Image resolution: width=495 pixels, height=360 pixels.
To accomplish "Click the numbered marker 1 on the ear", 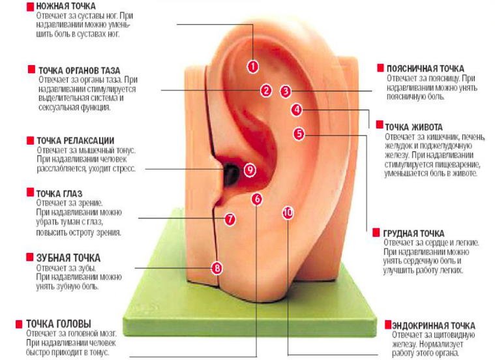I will tap(253, 66).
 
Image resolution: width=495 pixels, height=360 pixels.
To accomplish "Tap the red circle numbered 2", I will tap(266, 91).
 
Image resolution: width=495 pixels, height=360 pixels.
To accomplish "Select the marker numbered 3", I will tap(286, 91).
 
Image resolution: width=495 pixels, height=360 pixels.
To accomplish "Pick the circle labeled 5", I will tap(299, 134).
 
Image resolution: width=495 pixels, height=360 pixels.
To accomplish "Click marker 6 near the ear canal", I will tap(257, 198).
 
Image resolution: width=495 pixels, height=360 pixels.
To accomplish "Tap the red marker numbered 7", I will tap(230, 219).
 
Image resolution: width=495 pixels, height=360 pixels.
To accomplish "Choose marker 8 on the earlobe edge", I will tap(218, 267).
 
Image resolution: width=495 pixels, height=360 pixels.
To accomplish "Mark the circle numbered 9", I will tap(249, 169).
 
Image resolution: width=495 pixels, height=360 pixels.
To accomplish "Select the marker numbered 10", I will tap(288, 212).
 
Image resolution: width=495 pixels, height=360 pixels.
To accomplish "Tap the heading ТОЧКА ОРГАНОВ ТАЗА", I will tap(79, 70).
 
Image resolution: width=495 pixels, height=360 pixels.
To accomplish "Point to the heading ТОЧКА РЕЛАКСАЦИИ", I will tap(76, 140).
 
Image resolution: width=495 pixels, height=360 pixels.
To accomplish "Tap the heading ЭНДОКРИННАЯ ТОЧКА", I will tap(434, 325).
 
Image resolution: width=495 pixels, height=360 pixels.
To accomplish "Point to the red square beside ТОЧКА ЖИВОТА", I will tap(378, 127).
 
